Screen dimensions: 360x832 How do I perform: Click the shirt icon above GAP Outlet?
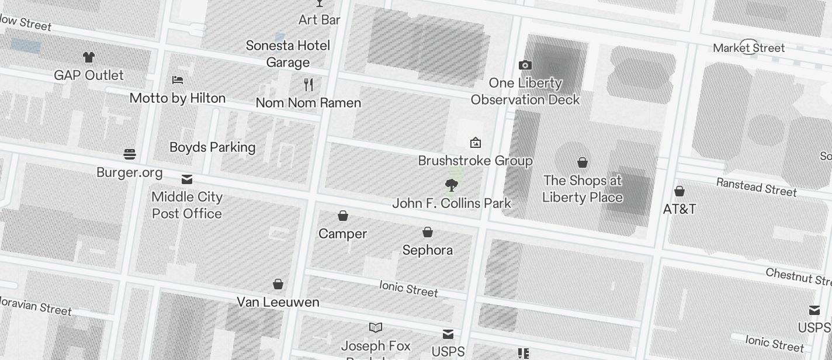tap(88, 57)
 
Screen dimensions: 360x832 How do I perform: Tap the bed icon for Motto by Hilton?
tap(178, 79)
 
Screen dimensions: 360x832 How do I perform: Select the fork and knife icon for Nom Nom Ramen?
tap(308, 85)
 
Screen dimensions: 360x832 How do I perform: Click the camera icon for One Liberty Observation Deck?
tap(525, 65)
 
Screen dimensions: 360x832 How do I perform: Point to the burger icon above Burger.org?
tap(130, 154)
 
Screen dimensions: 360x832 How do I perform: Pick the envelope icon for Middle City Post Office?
tap(187, 179)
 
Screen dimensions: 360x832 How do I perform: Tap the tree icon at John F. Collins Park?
tap(451, 186)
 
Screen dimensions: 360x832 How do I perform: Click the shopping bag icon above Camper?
tap(343, 216)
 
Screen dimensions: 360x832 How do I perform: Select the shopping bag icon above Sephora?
tap(428, 233)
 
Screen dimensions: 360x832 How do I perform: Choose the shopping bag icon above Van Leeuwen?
tap(278, 285)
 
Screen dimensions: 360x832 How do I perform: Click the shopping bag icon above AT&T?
tap(680, 191)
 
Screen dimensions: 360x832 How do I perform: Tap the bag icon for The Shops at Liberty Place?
tap(583, 162)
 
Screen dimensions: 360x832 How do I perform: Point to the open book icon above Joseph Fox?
tap(376, 328)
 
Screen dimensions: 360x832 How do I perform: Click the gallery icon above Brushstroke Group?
tap(476, 143)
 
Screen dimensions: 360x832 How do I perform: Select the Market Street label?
tap(748, 48)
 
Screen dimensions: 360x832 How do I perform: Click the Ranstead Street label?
tap(756, 187)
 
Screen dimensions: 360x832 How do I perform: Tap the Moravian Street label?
tap(35, 306)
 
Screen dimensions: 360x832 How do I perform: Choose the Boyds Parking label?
tap(212, 147)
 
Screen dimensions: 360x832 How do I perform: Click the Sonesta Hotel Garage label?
tap(288, 54)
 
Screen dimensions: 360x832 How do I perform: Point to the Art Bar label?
tap(319, 20)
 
